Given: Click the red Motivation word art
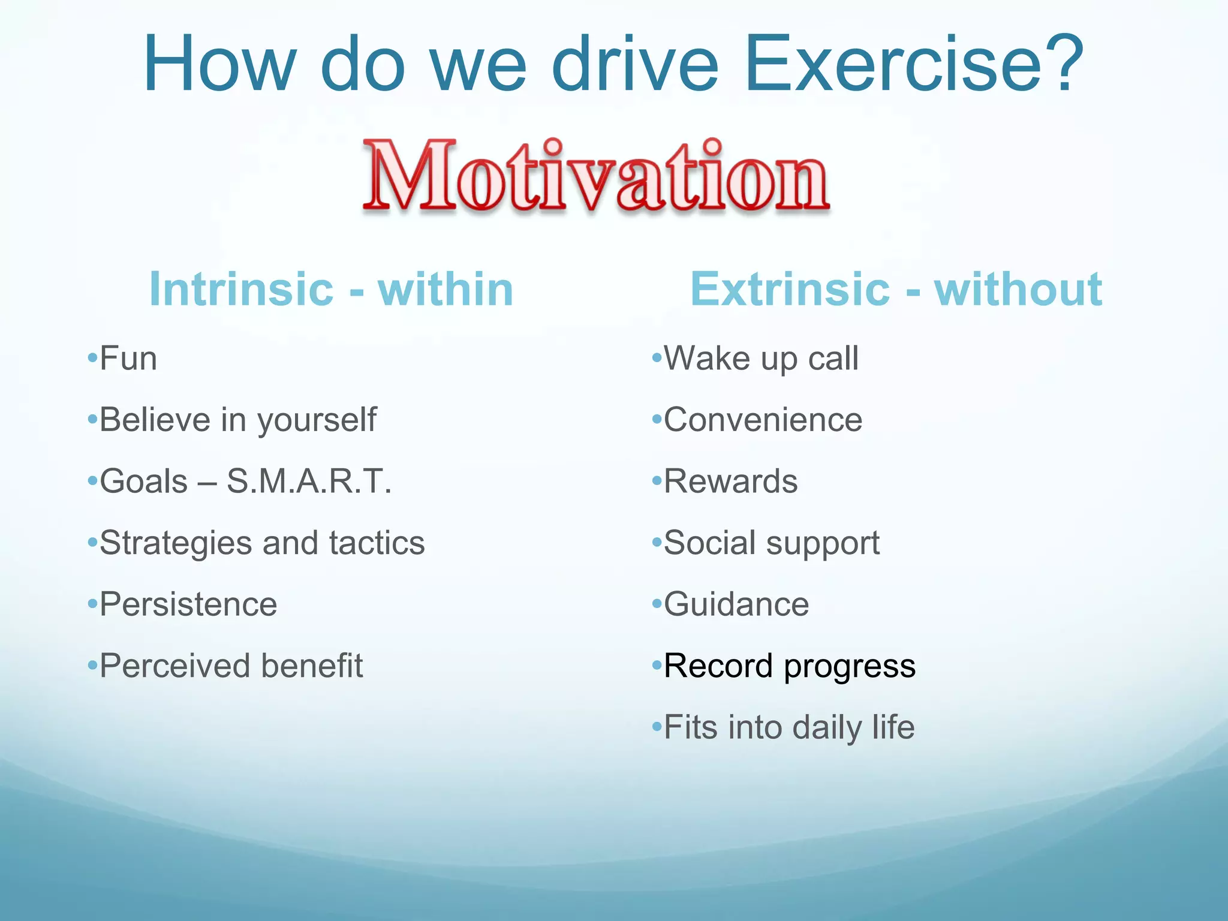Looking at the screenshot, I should point(597,176).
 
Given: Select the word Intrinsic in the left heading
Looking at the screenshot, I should point(241,289).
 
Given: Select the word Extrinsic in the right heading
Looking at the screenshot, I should point(790,289).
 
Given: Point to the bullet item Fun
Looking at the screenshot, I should point(128,359).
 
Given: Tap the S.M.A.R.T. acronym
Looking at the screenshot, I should point(309,481).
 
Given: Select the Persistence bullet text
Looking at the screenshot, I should point(188,604).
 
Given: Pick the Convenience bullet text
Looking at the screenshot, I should point(763,420).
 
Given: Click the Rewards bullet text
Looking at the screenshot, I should point(731,481).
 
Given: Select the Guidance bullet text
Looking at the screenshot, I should point(736,604).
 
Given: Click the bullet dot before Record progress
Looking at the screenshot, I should point(657,666).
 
